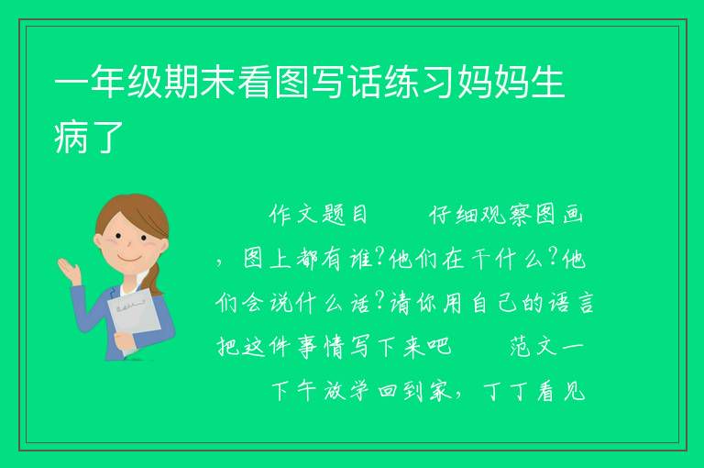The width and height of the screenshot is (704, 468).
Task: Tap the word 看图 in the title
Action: (x=273, y=82)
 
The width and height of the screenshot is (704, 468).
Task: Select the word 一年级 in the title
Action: (x=108, y=82)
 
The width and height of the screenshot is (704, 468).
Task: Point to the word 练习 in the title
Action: (x=418, y=82)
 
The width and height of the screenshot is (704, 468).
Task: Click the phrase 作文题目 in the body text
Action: (x=318, y=215)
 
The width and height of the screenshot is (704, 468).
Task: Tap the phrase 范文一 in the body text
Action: (x=546, y=347)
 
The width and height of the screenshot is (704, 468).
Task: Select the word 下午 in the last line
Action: (x=293, y=391)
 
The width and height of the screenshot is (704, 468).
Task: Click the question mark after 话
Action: (x=379, y=301)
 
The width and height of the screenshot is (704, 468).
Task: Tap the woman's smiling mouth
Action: (x=129, y=260)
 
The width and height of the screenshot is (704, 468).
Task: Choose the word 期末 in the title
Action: (x=199, y=82)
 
